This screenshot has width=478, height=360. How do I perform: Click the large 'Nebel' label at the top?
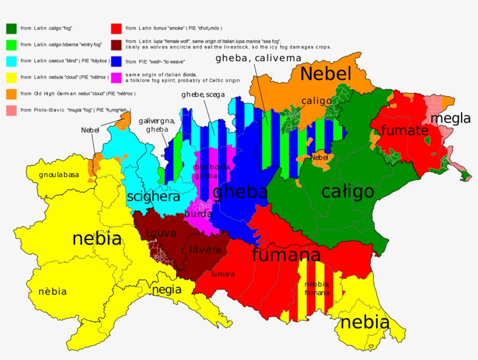326,74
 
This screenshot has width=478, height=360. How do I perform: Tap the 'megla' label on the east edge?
451,119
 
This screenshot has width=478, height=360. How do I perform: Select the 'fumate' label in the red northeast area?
405,130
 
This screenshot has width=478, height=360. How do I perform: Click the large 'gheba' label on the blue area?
240,192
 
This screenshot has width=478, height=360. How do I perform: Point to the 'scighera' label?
153,197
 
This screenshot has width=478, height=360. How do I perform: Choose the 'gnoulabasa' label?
59,175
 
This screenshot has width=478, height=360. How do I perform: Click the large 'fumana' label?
286,255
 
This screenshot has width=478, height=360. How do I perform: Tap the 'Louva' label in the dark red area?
161,234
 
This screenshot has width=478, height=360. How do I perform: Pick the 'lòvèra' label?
205,249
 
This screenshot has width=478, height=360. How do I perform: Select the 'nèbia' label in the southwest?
52,291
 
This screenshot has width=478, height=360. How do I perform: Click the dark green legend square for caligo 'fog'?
11,27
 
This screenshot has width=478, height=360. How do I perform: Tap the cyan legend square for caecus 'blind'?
11,60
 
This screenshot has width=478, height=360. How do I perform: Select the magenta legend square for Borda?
116,76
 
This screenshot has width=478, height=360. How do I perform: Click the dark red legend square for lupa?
116,44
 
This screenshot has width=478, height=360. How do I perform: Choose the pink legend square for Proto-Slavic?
11,109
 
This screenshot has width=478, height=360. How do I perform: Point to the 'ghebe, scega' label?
203,94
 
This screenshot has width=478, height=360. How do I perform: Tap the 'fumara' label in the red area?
223,274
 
